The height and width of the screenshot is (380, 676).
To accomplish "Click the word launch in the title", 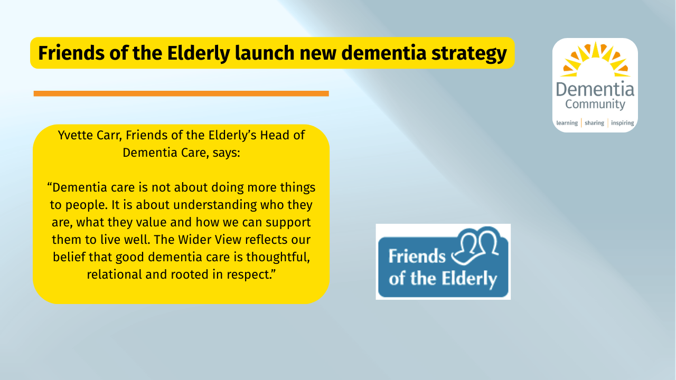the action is click(265, 53).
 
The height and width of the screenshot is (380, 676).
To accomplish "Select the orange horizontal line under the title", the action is click(181, 93).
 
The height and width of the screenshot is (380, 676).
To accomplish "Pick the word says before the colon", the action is click(224, 153).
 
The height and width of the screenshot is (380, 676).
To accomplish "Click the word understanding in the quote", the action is click(215, 205).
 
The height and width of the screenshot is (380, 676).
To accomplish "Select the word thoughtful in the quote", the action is click(278, 257).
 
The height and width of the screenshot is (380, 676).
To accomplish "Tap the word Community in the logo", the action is click(595, 104).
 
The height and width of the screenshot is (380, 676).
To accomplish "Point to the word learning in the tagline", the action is click(567, 123).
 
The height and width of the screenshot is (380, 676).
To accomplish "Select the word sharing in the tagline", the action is click(594, 123).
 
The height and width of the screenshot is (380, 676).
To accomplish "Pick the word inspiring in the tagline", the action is click(622, 123).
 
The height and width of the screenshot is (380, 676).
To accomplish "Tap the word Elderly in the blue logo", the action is click(470, 279).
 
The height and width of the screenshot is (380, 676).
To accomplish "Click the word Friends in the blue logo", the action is click(417, 256).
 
